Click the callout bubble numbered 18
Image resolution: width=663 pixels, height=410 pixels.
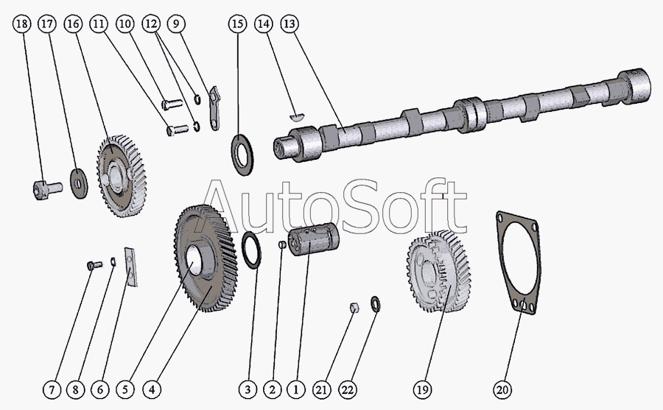point(22,24)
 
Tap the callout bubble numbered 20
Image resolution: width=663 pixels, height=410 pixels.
point(504,388)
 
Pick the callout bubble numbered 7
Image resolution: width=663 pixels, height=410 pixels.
point(52,388)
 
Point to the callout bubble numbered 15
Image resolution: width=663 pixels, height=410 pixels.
point(236,24)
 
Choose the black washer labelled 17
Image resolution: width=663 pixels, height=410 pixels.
point(77,181)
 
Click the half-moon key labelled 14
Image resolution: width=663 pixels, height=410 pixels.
point(295,114)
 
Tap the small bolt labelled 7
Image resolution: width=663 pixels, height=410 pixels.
point(91,264)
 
